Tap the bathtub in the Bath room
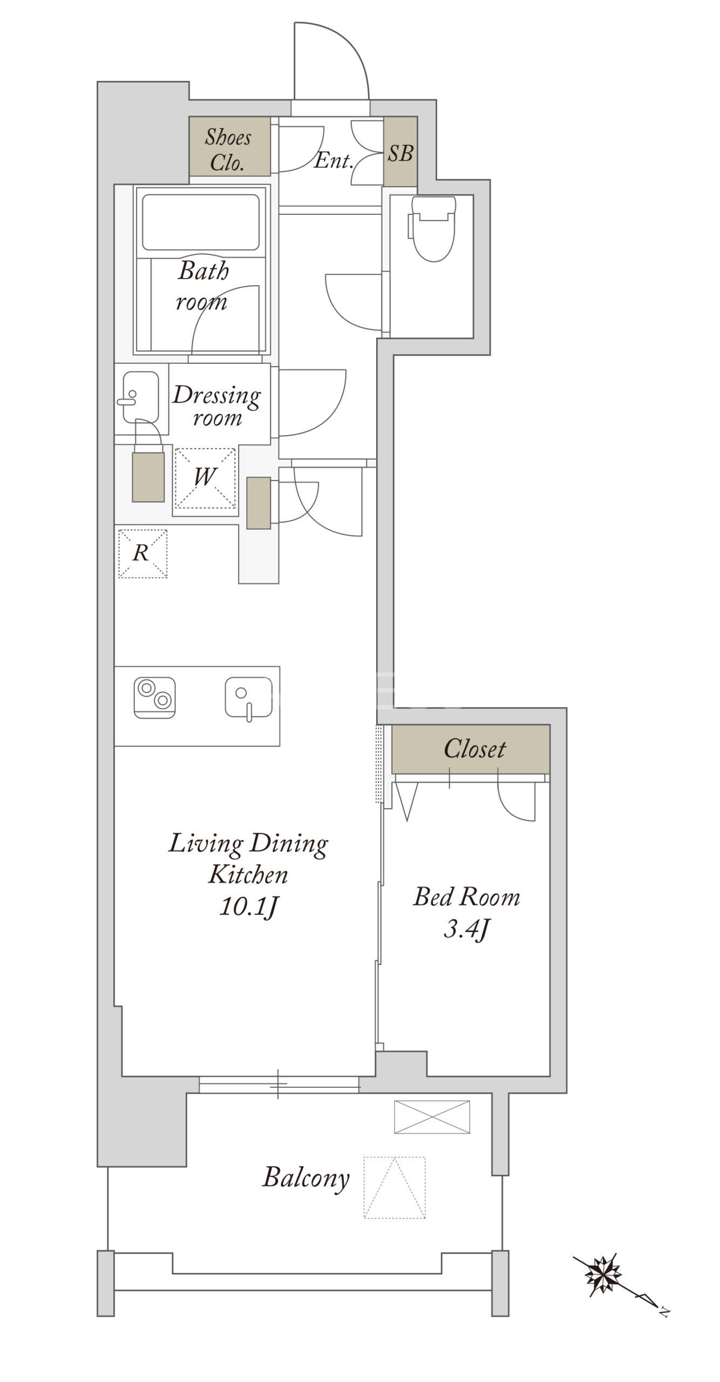tap(200, 222)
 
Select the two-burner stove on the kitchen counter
tap(154, 697)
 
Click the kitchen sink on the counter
tap(248, 697)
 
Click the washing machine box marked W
tap(205, 478)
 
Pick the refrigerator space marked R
tap(142, 553)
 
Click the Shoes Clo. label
tap(228, 150)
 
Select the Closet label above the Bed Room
tap(474, 749)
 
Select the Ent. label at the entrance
tap(334, 160)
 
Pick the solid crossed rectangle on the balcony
tap(432, 1117)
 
